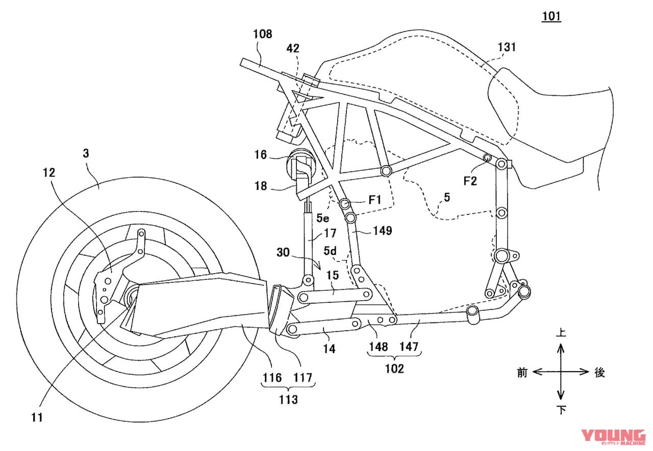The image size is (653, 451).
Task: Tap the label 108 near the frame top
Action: pos(262,35)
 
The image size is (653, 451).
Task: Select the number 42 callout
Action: pos(293,49)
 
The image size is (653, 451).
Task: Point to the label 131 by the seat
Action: pos(507,47)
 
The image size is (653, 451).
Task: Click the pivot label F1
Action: pos(375,200)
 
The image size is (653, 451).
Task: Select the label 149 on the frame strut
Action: pos(382,231)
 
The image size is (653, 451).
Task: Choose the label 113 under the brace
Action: pos(288,399)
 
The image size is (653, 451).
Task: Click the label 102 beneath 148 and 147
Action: pos(394,368)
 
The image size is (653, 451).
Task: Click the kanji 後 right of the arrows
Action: pos(599,373)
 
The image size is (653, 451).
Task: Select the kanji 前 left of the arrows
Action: pos(522,373)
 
